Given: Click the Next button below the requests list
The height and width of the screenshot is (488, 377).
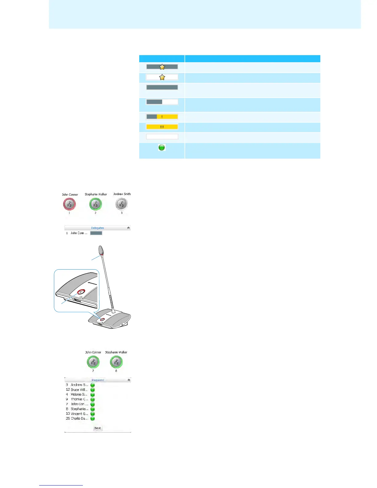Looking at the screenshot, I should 98,428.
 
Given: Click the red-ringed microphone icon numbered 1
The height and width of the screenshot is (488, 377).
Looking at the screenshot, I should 69,204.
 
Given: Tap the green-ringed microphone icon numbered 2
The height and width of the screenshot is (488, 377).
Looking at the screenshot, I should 95,204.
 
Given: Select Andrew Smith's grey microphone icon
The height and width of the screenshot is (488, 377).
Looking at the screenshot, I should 122,204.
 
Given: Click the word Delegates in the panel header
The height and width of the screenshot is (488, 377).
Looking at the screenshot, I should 97,228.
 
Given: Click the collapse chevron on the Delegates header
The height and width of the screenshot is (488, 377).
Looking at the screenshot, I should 128,228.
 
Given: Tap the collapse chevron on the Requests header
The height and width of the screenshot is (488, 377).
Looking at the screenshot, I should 129,380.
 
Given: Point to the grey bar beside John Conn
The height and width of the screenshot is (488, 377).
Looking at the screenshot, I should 96,233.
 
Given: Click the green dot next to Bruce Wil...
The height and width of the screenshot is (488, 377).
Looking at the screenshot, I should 92,390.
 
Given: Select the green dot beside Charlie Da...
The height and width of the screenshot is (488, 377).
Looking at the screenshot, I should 92,418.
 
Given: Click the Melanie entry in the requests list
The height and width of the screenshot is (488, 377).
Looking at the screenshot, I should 79,394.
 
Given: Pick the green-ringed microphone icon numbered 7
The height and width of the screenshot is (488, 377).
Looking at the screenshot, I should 93,362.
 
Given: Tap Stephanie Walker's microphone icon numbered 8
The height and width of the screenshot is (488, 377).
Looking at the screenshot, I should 116,362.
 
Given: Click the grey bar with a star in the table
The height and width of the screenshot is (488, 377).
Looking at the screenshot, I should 162,67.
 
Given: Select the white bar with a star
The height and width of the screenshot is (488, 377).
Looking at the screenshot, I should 162,77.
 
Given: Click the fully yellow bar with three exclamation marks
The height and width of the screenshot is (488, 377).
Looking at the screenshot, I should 162,127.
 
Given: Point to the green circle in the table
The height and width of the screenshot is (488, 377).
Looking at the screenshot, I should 162,148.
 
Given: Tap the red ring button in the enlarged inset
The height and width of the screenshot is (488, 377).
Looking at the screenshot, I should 81,291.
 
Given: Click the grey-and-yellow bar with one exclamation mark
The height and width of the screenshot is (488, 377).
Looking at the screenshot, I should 162,117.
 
